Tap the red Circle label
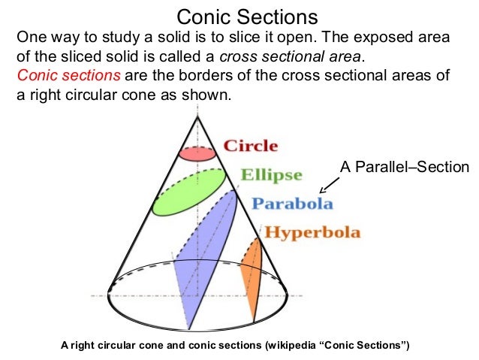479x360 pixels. tap(251, 146)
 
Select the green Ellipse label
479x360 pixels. tap(271, 175)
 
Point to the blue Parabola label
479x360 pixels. tap(292, 204)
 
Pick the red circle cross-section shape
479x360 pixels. tap(197, 153)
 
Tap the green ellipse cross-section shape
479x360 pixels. tap(188, 192)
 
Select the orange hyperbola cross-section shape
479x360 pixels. tap(251, 271)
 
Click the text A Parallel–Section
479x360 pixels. tap(404, 167)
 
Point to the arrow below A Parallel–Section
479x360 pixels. tap(328, 185)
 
